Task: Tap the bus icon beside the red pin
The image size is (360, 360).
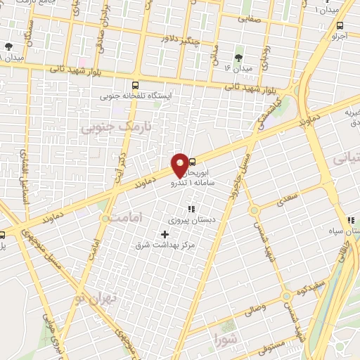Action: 193,161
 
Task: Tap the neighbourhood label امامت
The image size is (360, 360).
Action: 124,219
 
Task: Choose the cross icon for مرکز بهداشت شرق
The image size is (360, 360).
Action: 165,234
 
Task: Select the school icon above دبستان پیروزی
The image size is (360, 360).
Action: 191,208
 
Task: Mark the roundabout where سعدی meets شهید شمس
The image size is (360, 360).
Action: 254,210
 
